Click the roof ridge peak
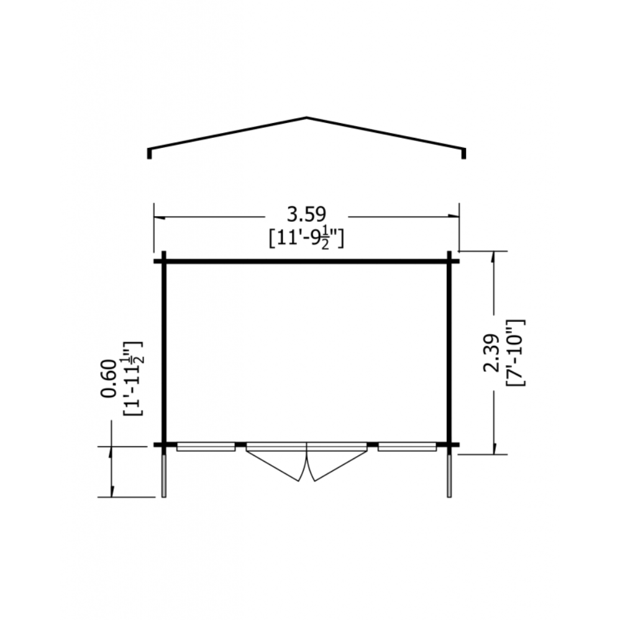click(x=307, y=117)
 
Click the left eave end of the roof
click(x=149, y=153)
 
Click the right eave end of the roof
click(x=463, y=153)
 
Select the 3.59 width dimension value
click(x=306, y=214)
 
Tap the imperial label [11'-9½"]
click(x=306, y=238)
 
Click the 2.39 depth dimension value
click(x=490, y=353)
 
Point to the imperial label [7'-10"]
click(x=516, y=353)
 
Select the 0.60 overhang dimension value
click(x=108, y=378)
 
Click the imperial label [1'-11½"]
click(x=133, y=378)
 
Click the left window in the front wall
click(x=206, y=447)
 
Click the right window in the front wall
click(x=407, y=447)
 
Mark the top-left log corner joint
click(x=164, y=261)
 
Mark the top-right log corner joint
click(x=449, y=261)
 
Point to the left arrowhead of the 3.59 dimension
click(x=159, y=217)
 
